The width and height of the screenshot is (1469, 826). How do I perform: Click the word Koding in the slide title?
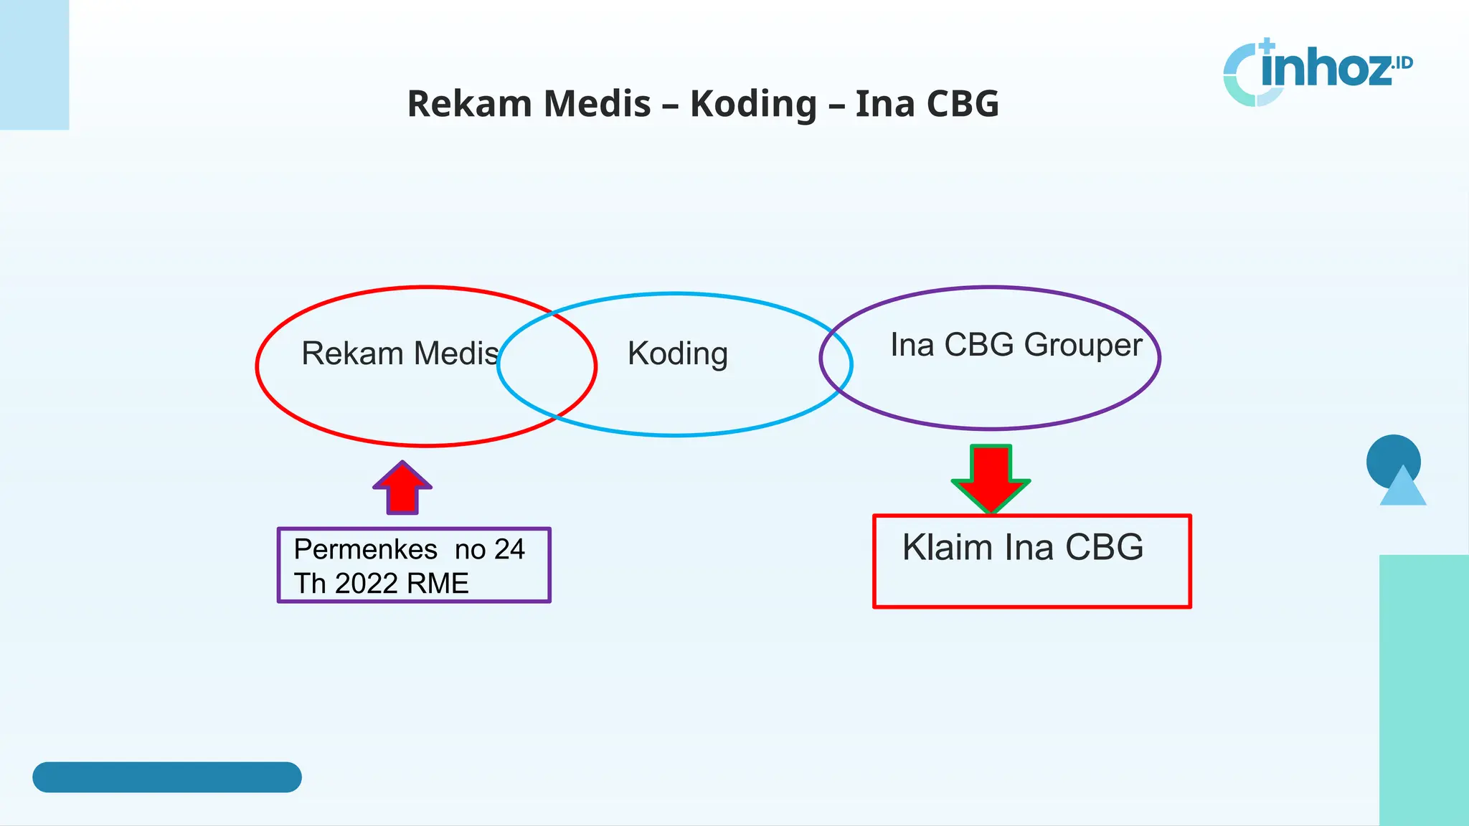coord(753,105)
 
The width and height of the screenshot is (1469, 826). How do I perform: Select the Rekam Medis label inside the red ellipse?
coord(400,353)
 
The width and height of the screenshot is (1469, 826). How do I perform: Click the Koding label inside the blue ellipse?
coord(678,353)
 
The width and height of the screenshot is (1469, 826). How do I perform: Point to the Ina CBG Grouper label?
coord(1016,345)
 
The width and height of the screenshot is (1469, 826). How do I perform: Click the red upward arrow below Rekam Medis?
coord(402,488)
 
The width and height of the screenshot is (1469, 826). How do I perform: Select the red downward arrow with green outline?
coord(991,478)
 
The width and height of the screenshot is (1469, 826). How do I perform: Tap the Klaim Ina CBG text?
coord(1022,548)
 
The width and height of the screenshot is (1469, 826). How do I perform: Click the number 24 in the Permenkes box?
coord(509,550)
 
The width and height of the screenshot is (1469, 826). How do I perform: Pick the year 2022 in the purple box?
coord(367,584)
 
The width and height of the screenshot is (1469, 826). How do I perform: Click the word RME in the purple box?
coord(438,584)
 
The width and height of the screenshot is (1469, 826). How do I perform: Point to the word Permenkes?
coord(365,550)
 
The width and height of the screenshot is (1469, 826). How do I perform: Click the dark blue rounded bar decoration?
coord(166,777)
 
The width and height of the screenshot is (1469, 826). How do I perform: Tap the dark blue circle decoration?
coord(1392,453)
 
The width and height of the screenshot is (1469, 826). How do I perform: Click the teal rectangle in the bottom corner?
coord(1423,688)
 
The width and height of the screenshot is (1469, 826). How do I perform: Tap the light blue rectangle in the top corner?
coord(34,65)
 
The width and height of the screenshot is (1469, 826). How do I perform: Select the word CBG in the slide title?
coord(963,105)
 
